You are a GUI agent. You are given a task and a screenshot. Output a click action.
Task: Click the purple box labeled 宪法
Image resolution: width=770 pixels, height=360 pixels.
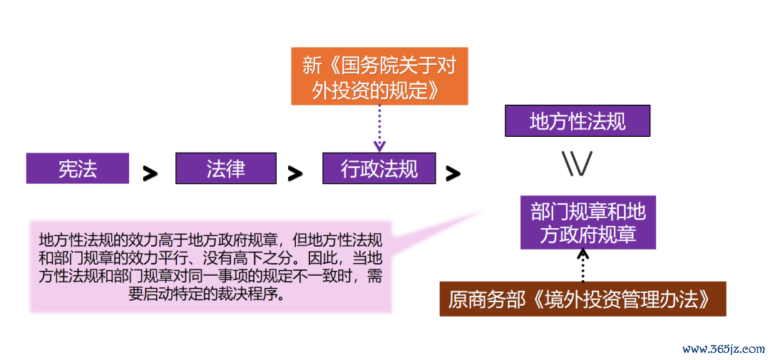tap(78, 168)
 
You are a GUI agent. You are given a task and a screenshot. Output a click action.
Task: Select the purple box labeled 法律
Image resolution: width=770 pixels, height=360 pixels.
tap(226, 168)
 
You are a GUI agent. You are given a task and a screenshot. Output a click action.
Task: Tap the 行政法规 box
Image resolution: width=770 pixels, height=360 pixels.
tap(379, 168)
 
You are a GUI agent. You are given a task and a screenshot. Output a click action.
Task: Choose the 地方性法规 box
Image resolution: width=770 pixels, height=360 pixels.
tap(577, 120)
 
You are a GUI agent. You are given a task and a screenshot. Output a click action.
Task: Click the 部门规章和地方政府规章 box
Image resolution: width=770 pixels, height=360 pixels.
tap(588, 222)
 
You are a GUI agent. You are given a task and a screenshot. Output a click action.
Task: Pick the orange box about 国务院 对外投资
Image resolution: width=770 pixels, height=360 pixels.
tap(379, 76)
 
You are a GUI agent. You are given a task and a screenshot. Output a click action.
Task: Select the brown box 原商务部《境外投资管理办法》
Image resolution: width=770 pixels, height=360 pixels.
tap(582, 299)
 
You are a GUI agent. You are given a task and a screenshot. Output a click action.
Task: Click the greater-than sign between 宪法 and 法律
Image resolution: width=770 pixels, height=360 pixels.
tap(150, 173)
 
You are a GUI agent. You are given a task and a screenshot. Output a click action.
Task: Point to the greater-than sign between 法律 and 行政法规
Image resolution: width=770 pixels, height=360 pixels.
tap(294, 173)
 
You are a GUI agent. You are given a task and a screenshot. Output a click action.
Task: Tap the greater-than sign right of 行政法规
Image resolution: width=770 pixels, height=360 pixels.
tap(453, 173)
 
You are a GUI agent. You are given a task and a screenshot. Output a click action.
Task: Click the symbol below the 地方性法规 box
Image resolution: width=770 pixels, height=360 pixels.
tap(577, 163)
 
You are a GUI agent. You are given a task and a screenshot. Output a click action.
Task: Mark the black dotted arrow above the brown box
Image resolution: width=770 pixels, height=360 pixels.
tap(583, 266)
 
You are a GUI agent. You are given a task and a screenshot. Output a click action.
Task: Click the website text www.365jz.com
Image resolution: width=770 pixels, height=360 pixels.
tap(724, 350)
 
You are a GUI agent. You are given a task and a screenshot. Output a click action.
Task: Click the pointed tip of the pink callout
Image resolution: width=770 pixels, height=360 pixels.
tap(481, 212)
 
